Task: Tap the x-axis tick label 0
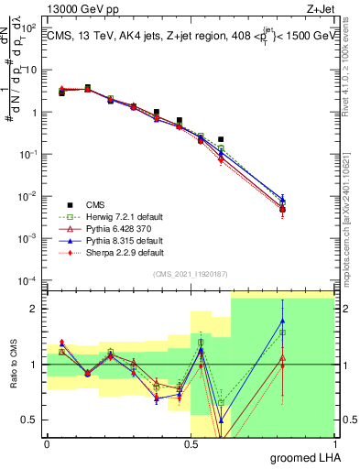tap(47, 444)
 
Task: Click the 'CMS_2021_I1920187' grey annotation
tap(190, 273)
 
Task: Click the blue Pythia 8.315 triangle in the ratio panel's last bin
tap(283, 321)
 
